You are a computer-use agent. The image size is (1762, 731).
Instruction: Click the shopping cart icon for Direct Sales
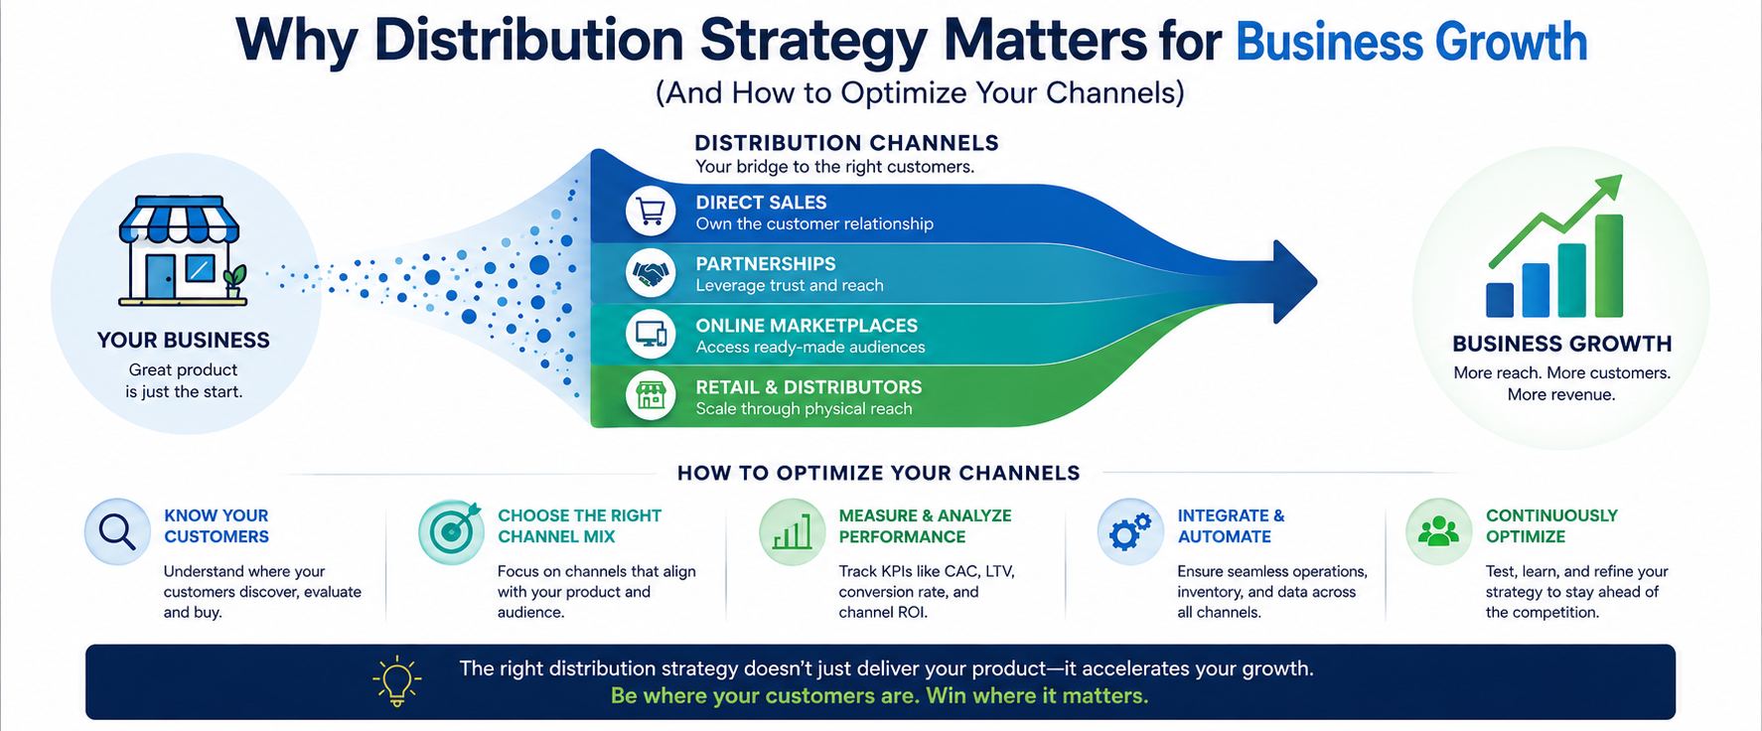click(x=651, y=212)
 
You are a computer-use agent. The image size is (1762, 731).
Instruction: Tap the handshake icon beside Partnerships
click(x=651, y=273)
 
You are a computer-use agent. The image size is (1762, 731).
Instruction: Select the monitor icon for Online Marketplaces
click(x=651, y=335)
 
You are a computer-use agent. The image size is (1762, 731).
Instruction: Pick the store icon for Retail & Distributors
click(x=651, y=395)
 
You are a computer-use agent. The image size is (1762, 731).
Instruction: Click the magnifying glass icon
click(x=117, y=532)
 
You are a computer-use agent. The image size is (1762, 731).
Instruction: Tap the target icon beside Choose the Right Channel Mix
click(x=451, y=532)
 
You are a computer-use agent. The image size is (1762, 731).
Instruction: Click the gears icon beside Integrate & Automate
click(x=1130, y=532)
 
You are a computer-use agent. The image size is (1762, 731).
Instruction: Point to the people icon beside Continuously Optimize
click(x=1438, y=532)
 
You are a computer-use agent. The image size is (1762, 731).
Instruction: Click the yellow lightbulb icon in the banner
click(x=397, y=681)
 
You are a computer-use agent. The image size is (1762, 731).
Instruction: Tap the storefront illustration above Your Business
click(x=180, y=250)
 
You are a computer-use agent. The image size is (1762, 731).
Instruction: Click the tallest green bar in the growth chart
click(x=1608, y=266)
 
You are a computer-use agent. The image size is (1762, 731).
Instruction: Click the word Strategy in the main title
click(x=813, y=41)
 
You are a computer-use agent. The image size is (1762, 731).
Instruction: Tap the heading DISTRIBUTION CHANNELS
click(x=846, y=143)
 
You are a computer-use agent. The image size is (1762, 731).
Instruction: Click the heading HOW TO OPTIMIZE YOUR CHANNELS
click(x=878, y=473)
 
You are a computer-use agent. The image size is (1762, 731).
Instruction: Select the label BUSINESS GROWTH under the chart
click(x=1561, y=344)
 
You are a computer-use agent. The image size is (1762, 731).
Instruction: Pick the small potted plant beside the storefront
click(x=234, y=281)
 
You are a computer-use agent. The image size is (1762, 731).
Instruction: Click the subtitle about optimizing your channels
click(x=920, y=92)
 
